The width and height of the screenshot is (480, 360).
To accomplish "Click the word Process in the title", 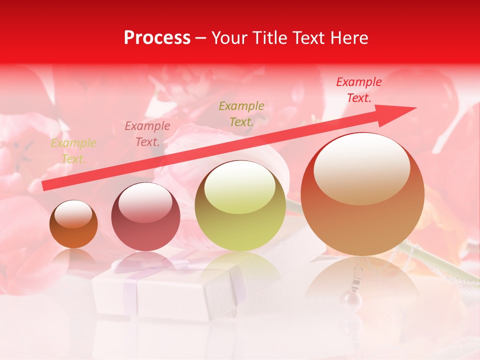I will (157, 38).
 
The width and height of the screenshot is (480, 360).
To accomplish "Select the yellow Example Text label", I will (73, 151).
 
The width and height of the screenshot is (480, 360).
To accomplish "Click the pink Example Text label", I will (147, 134).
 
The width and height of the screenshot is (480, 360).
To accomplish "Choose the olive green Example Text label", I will (241, 113).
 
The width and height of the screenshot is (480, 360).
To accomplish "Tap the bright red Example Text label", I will (359, 90).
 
